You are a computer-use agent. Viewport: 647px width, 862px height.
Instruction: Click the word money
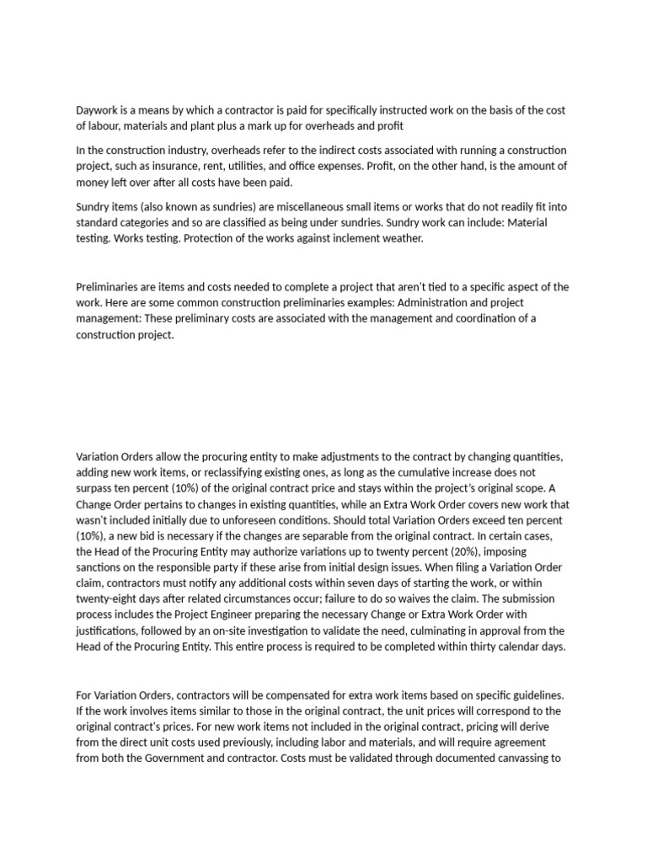(x=92, y=182)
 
